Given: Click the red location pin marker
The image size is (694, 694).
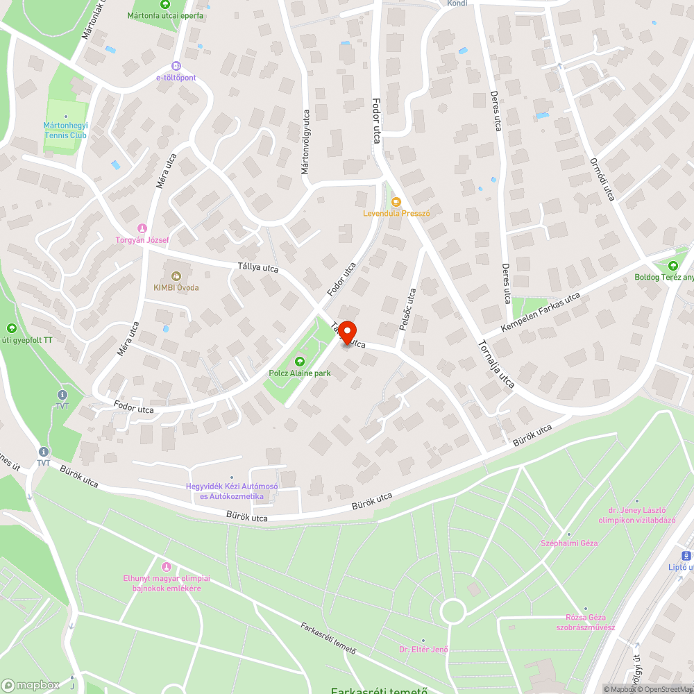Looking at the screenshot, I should pyautogui.click(x=346, y=333).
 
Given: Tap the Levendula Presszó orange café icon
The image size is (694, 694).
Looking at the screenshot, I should pyautogui.click(x=396, y=202).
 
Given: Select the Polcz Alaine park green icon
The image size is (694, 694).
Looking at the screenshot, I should pyautogui.click(x=300, y=362).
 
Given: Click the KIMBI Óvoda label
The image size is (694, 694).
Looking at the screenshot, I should pyautogui.click(x=176, y=287).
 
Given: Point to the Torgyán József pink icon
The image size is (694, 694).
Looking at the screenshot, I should pyautogui.click(x=142, y=228).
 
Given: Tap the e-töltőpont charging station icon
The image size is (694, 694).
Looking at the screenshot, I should pyautogui.click(x=176, y=66).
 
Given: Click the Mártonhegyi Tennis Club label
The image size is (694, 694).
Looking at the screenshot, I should pyautogui.click(x=65, y=130).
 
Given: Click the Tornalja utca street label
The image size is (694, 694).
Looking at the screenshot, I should pyautogui.click(x=496, y=364).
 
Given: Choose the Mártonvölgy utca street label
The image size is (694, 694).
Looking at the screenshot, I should pyautogui.click(x=305, y=142).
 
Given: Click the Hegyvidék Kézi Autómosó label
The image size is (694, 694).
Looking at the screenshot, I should pyautogui.click(x=232, y=491).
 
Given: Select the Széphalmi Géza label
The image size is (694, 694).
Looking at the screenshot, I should pyautogui.click(x=569, y=543).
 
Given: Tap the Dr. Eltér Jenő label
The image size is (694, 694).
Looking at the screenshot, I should pyautogui.click(x=423, y=650).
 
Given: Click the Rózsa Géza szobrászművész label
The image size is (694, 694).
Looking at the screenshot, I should pyautogui.click(x=585, y=623).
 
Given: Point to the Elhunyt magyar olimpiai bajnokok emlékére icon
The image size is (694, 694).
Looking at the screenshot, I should pyautogui.click(x=165, y=568).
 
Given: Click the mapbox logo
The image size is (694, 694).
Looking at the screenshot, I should pyautogui.click(x=31, y=684).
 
